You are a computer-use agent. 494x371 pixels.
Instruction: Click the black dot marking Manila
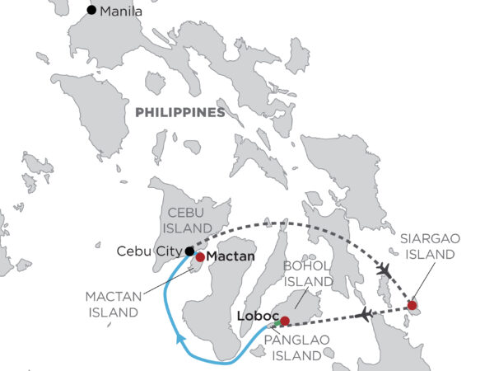coord(91,11)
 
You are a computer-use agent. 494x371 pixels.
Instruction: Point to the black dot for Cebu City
coord(189,251)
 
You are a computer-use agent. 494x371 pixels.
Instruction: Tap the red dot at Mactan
coord(200,256)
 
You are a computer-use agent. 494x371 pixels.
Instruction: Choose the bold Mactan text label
coord(231,256)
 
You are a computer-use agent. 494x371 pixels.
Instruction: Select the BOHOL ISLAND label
coord(305,275)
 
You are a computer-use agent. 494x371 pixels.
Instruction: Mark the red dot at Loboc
coord(285,321)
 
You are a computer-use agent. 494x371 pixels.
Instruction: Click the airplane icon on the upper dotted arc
coord(383,270)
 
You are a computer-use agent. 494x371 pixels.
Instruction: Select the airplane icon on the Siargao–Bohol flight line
coord(366,313)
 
